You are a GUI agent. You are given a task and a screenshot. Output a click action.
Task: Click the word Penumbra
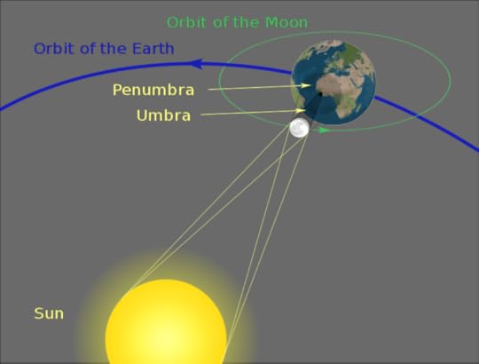click(x=153, y=90)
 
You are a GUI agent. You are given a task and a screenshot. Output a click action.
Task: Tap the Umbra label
click(x=163, y=115)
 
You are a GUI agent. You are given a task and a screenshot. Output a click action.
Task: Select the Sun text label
click(x=49, y=313)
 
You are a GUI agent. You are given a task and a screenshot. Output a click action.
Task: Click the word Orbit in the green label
click(x=189, y=22)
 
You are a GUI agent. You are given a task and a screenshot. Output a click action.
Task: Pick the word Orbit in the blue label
click(x=55, y=48)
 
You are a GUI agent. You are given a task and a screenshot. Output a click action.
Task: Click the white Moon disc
click(x=299, y=128)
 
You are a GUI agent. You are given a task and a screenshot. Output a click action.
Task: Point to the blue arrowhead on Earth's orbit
click(x=195, y=64)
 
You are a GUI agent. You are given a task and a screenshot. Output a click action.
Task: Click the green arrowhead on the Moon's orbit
click(x=326, y=130)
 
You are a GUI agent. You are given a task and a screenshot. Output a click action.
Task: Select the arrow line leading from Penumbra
click(x=257, y=88)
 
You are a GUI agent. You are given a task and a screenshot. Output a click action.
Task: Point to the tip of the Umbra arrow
click(x=299, y=111)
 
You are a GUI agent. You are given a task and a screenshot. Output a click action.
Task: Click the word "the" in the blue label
click(x=111, y=48)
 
